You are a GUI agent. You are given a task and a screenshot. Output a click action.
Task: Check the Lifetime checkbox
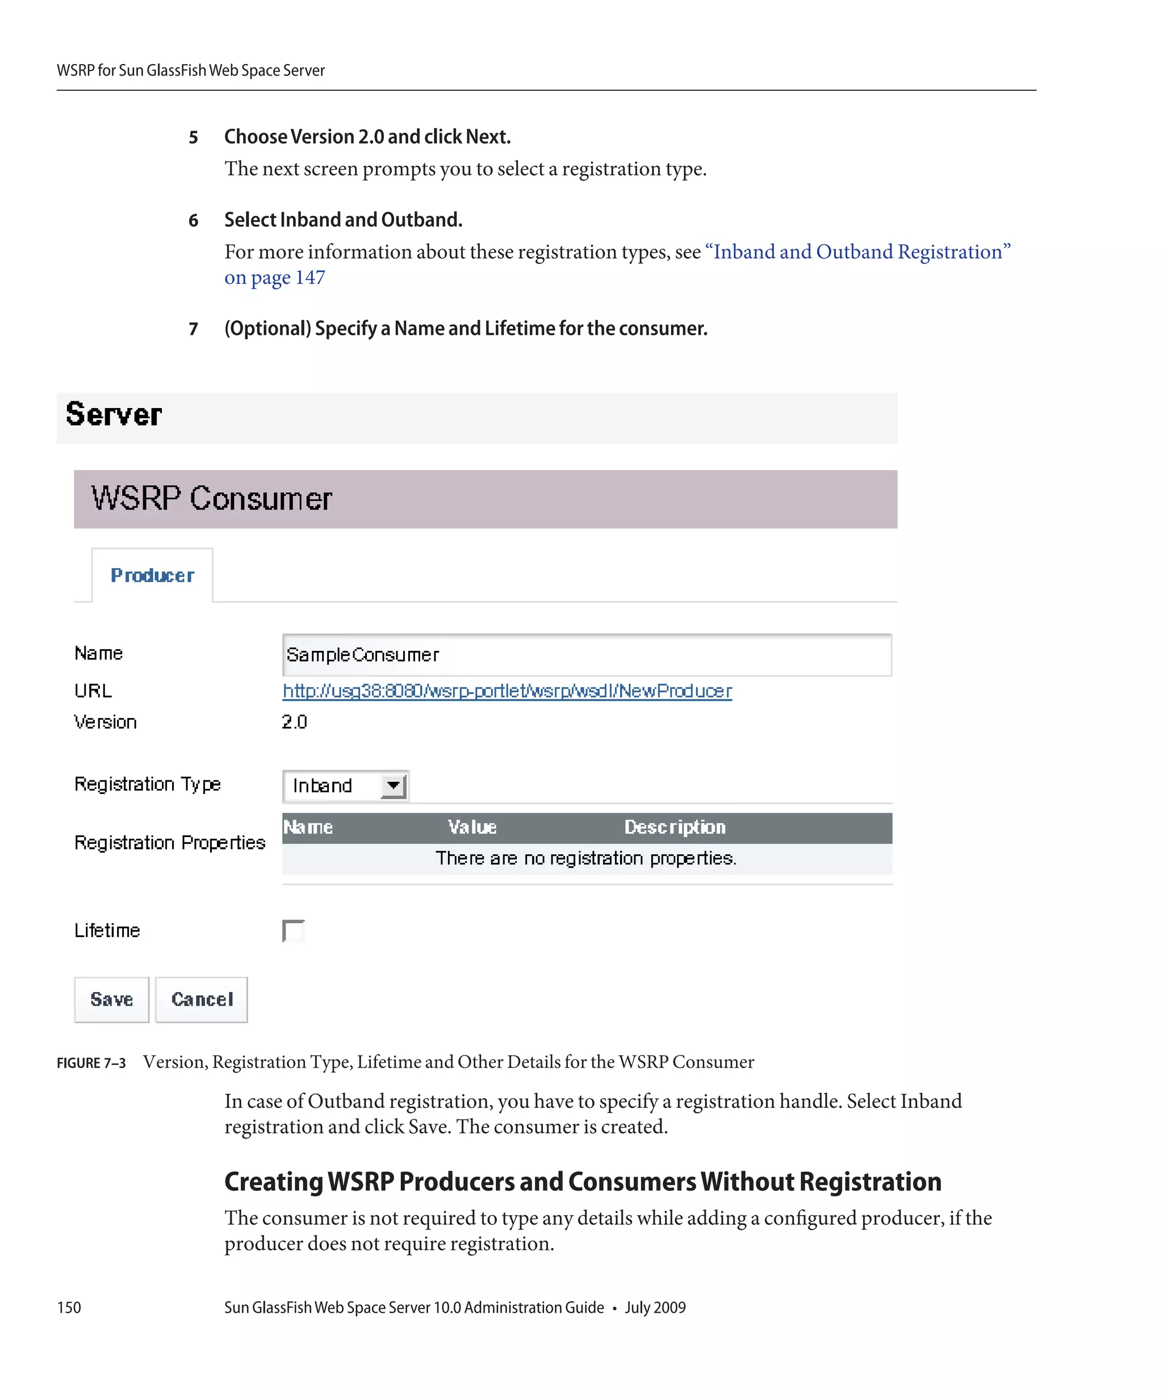293,931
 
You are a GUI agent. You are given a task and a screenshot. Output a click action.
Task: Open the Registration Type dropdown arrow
393,786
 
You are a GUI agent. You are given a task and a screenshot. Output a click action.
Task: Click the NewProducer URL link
507,691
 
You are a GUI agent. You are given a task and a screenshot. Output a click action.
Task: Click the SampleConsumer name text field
586,655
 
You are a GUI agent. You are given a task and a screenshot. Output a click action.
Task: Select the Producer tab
152,575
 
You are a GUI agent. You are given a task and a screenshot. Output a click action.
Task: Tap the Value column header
472,827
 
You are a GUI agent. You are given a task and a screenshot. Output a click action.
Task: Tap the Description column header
675,827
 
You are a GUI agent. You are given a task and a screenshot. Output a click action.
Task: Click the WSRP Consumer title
211,498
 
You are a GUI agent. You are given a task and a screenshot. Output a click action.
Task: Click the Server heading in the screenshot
114,414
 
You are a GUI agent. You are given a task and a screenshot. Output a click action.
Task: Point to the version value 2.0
294,722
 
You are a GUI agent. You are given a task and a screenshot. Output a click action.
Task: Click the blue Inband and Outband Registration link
857,252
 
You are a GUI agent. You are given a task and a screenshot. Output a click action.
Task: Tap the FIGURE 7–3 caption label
91,1063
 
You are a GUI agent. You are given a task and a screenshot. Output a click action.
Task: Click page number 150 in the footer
69,1307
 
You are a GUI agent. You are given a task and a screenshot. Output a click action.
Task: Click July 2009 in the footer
655,1307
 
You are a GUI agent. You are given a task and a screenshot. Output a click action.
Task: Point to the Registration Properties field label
169,842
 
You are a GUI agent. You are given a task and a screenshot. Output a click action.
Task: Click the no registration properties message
585,858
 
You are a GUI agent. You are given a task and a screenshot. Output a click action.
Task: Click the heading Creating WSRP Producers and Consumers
582,1182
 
